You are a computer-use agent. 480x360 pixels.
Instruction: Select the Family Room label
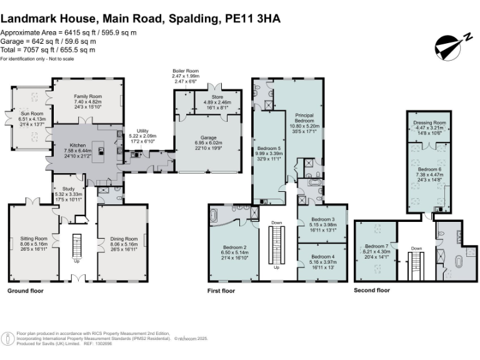pos(87,96)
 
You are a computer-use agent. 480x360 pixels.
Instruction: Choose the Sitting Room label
pos(33,239)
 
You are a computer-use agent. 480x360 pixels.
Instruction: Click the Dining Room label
pos(123,239)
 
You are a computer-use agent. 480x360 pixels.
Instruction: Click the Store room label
pos(218,97)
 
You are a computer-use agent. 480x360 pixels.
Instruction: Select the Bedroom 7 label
pos(377,246)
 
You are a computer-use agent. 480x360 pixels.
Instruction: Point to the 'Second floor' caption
pos(372,291)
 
